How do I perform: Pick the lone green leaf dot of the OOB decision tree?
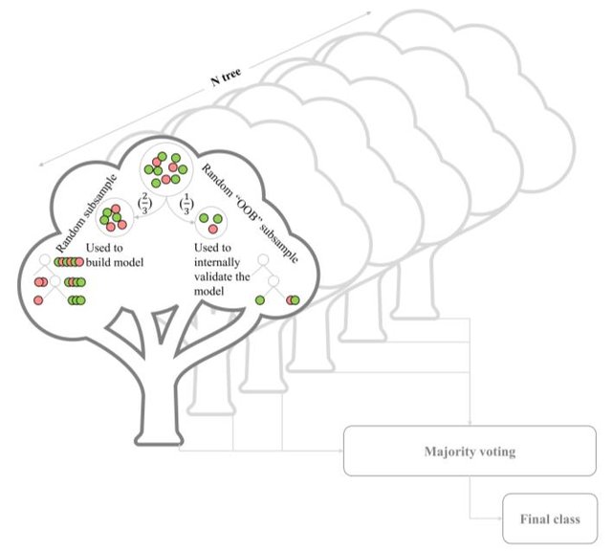click(259, 299)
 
